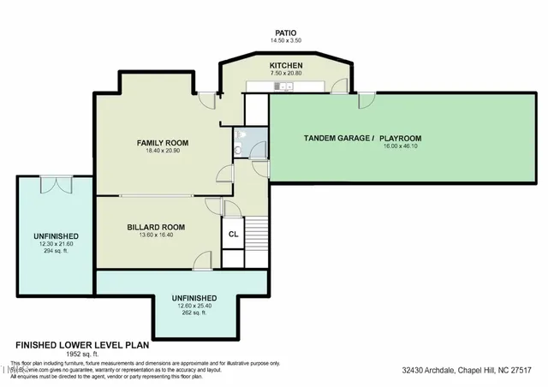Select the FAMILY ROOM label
pyautogui.click(x=164, y=142)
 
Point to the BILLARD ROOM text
pyautogui.click(x=156, y=227)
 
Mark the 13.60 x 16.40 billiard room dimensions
pyautogui.click(x=156, y=235)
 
